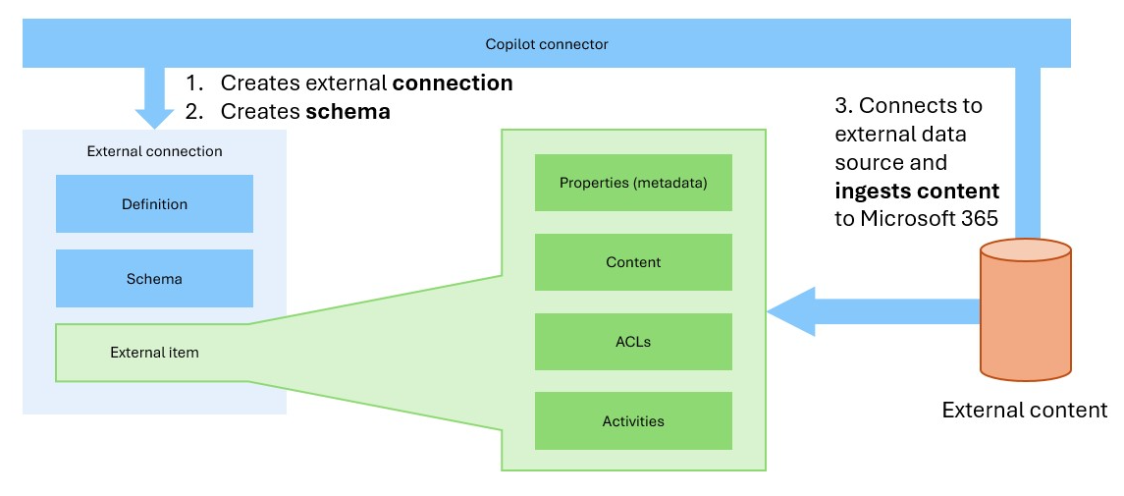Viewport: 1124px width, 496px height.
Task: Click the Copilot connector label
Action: click(x=546, y=44)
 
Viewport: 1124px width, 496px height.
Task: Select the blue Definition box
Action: click(x=154, y=203)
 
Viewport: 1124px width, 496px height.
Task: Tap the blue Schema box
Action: click(x=154, y=278)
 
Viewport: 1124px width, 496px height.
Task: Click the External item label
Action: click(x=154, y=353)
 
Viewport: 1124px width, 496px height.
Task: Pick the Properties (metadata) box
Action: click(x=633, y=183)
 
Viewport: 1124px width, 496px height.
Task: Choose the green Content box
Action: click(x=633, y=262)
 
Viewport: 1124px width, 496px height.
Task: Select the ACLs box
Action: click(x=633, y=342)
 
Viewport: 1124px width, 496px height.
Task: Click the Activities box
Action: click(x=633, y=420)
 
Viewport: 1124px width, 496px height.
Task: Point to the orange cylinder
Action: click(x=1025, y=309)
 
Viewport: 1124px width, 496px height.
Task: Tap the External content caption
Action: click(x=1024, y=410)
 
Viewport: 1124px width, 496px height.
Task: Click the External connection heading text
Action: click(x=154, y=151)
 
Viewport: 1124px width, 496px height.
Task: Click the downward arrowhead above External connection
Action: click(x=154, y=118)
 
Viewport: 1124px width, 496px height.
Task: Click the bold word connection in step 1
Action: click(x=453, y=83)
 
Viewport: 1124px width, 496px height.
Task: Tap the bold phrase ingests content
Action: click(x=917, y=192)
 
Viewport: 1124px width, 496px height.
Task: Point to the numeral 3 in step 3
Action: click(x=842, y=106)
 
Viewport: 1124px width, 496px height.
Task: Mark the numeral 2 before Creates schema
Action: click(x=192, y=112)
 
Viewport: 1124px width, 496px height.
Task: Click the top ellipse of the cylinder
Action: click(x=1025, y=250)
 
